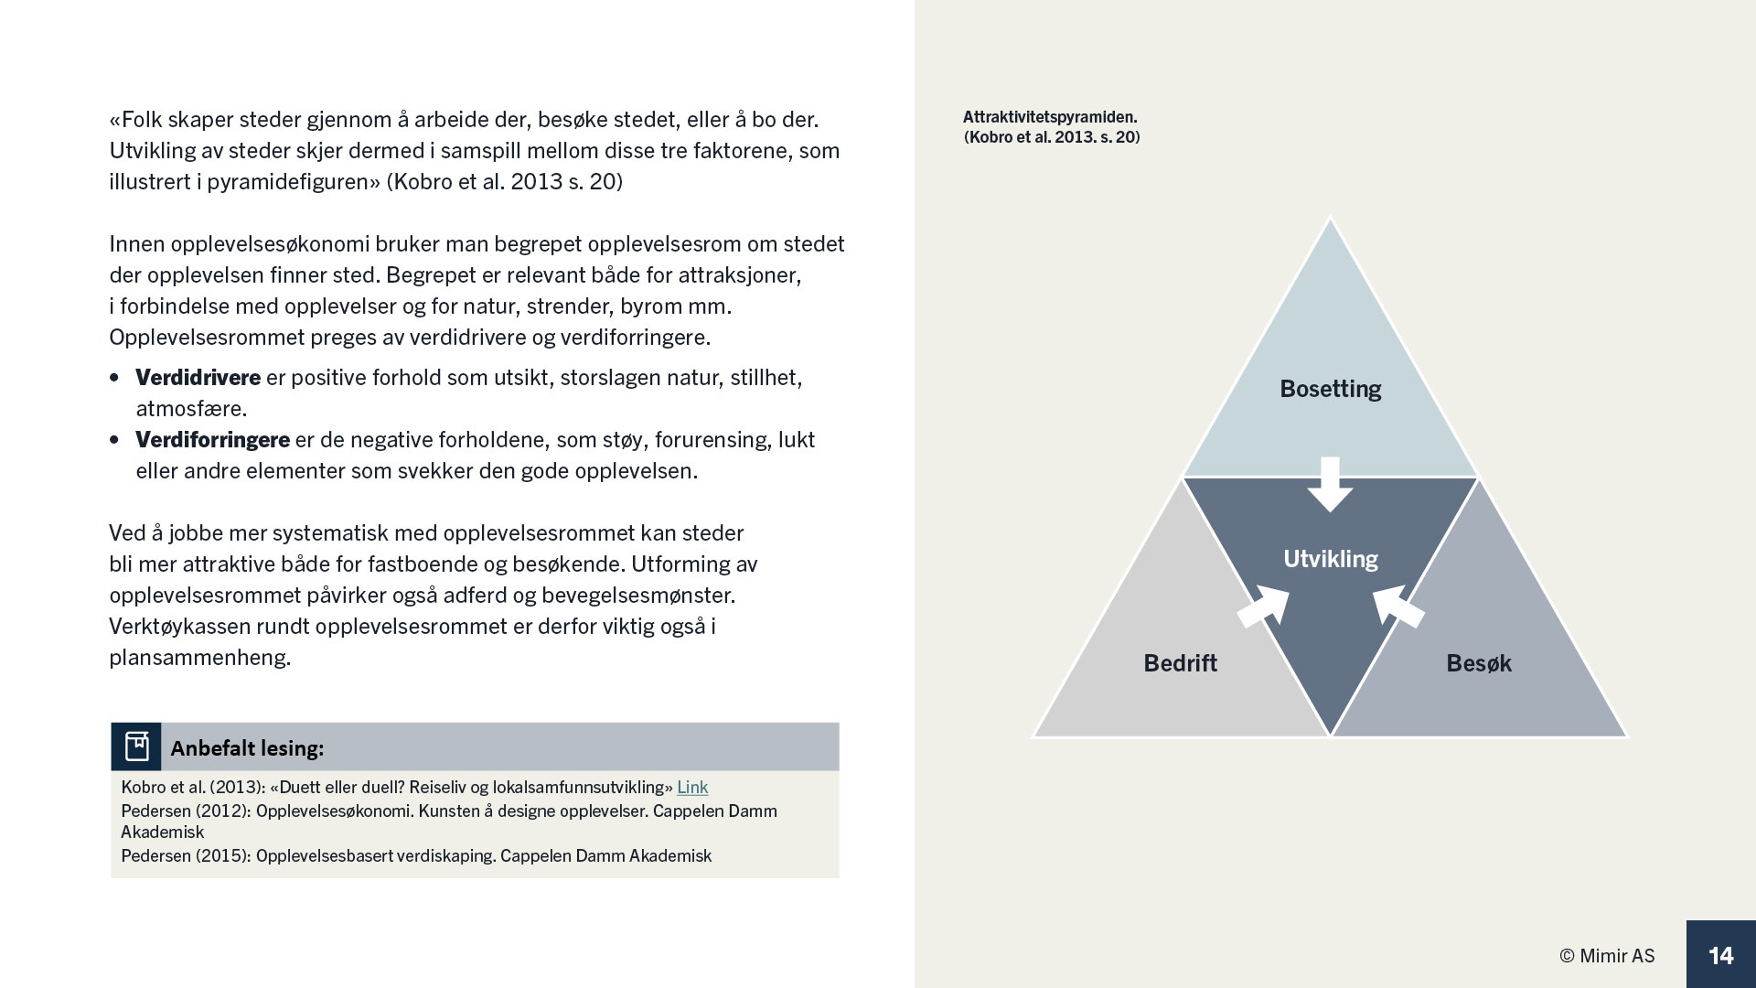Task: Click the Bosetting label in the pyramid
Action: click(x=1330, y=389)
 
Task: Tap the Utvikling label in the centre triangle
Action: click(x=1330, y=559)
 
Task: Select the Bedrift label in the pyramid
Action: click(x=1180, y=663)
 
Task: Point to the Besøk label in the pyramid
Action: click(x=1478, y=663)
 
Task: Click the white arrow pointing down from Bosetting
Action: click(x=1330, y=483)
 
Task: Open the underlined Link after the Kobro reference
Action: click(x=692, y=787)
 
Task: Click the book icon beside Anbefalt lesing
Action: click(x=136, y=746)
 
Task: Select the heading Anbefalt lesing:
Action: click(x=247, y=748)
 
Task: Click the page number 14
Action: click(x=1720, y=955)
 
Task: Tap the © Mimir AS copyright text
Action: click(x=1607, y=956)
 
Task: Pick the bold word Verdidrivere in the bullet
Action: click(x=198, y=378)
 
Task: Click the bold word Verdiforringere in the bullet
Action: click(x=212, y=440)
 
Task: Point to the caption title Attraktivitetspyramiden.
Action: click(x=1050, y=117)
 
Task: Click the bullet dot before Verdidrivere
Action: click(x=114, y=378)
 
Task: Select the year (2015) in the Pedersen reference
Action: click(x=223, y=856)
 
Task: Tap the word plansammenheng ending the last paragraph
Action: click(x=199, y=658)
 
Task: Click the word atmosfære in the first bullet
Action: click(x=191, y=409)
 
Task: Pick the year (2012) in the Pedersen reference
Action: click(x=223, y=811)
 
